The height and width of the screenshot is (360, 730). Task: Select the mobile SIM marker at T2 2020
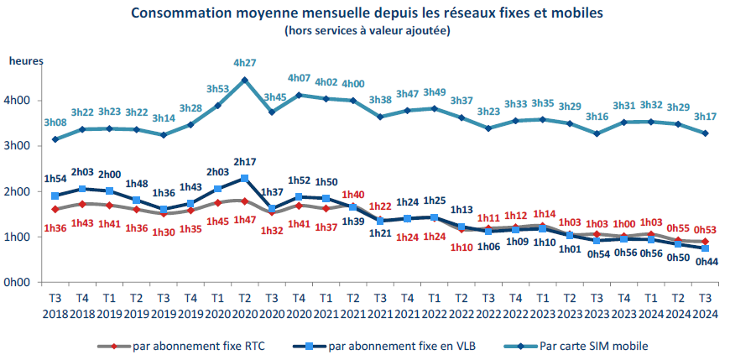(x=244, y=80)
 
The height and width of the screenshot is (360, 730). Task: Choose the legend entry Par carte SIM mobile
(x=594, y=345)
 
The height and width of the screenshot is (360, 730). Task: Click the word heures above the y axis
(x=25, y=60)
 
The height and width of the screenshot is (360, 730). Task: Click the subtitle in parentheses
(x=367, y=31)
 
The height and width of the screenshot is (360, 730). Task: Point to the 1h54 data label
(x=55, y=180)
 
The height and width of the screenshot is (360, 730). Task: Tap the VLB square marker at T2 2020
(x=244, y=179)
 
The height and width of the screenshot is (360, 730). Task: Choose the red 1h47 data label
(x=244, y=219)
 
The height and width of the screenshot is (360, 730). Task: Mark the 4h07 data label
(x=299, y=78)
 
